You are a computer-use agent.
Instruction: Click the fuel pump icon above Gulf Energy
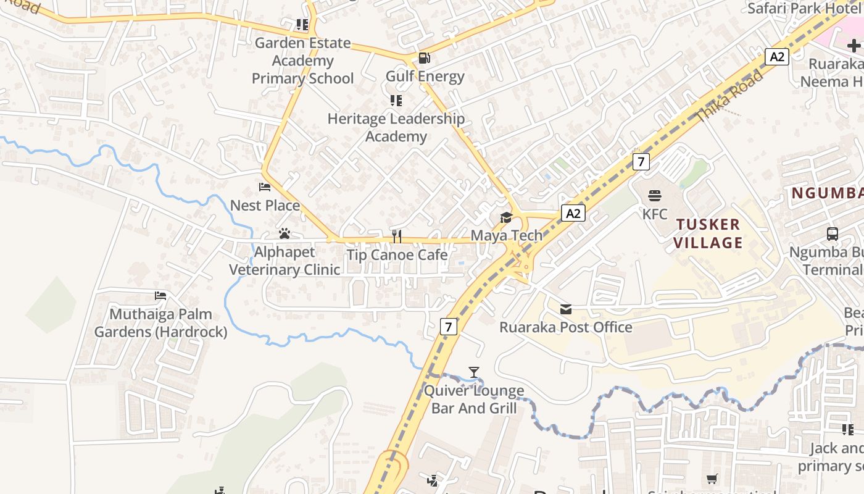pos(425,59)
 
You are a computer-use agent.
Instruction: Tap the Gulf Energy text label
pos(425,77)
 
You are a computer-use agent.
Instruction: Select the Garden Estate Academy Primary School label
pos(302,61)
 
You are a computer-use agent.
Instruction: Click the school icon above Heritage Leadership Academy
pos(396,100)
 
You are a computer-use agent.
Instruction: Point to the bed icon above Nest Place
pos(265,187)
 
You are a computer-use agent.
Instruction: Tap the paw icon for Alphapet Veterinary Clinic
pos(284,233)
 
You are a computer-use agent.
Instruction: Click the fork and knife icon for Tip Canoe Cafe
pos(397,236)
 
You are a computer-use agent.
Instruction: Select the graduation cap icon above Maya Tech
pos(506,217)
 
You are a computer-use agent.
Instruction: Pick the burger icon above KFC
pos(655,196)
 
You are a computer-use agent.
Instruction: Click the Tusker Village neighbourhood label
pos(708,233)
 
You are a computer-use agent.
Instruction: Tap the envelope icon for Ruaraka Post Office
pos(565,309)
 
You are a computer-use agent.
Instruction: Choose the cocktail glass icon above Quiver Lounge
pos(473,372)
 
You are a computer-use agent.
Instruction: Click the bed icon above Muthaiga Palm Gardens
pos(160,296)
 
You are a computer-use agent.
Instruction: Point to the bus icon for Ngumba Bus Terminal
pos(832,234)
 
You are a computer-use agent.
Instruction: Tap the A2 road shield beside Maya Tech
pos(573,214)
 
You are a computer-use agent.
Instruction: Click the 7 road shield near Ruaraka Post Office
pos(449,327)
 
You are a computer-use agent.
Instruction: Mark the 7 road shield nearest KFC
pos(641,162)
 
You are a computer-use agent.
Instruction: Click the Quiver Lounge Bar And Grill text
pos(473,400)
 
